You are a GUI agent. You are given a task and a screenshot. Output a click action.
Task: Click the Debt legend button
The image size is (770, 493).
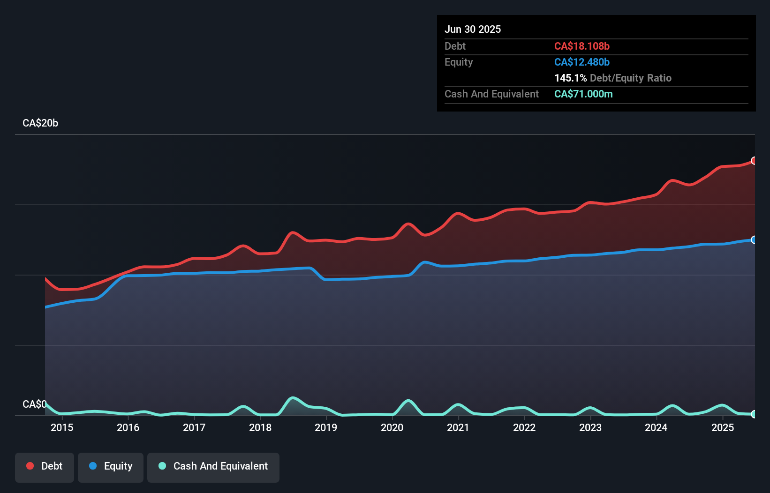(x=45, y=467)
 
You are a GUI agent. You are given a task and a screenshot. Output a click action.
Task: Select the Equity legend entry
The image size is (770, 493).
(x=111, y=467)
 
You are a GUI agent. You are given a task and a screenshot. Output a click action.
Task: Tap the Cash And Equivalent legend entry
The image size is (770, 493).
(x=213, y=467)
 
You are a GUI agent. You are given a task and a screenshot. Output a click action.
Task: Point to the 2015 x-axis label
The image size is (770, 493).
(x=62, y=427)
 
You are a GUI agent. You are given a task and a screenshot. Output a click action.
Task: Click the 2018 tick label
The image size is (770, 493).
(x=260, y=427)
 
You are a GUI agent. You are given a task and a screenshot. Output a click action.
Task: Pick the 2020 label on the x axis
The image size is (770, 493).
(x=392, y=427)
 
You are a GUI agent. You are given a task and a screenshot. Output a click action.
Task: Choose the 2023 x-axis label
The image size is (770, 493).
(x=590, y=427)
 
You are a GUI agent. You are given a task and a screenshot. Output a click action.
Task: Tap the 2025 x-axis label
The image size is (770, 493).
(x=723, y=427)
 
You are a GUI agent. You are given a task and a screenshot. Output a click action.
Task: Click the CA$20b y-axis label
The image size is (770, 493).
(x=40, y=123)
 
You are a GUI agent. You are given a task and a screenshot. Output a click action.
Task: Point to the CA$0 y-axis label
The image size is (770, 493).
(x=34, y=404)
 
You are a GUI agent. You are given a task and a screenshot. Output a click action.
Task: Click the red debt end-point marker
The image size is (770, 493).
(x=754, y=161)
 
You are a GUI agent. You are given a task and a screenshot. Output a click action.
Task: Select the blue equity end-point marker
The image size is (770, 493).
(x=754, y=240)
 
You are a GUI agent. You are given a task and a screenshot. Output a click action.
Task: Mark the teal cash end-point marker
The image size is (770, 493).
(x=754, y=414)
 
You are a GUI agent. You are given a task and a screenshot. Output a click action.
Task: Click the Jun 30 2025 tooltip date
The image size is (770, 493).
(x=473, y=30)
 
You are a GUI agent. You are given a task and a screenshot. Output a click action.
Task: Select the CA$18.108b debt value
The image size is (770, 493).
(x=582, y=46)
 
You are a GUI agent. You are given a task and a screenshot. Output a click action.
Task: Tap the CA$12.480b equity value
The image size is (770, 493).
(x=582, y=62)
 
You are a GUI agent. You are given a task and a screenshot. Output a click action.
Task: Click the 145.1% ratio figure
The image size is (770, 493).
(x=570, y=78)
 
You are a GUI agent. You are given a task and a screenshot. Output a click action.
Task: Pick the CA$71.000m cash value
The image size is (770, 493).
(x=583, y=94)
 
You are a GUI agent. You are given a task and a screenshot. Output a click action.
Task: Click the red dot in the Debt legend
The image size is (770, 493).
(x=30, y=466)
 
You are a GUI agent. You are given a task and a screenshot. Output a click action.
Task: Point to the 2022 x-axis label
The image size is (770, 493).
(x=524, y=427)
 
